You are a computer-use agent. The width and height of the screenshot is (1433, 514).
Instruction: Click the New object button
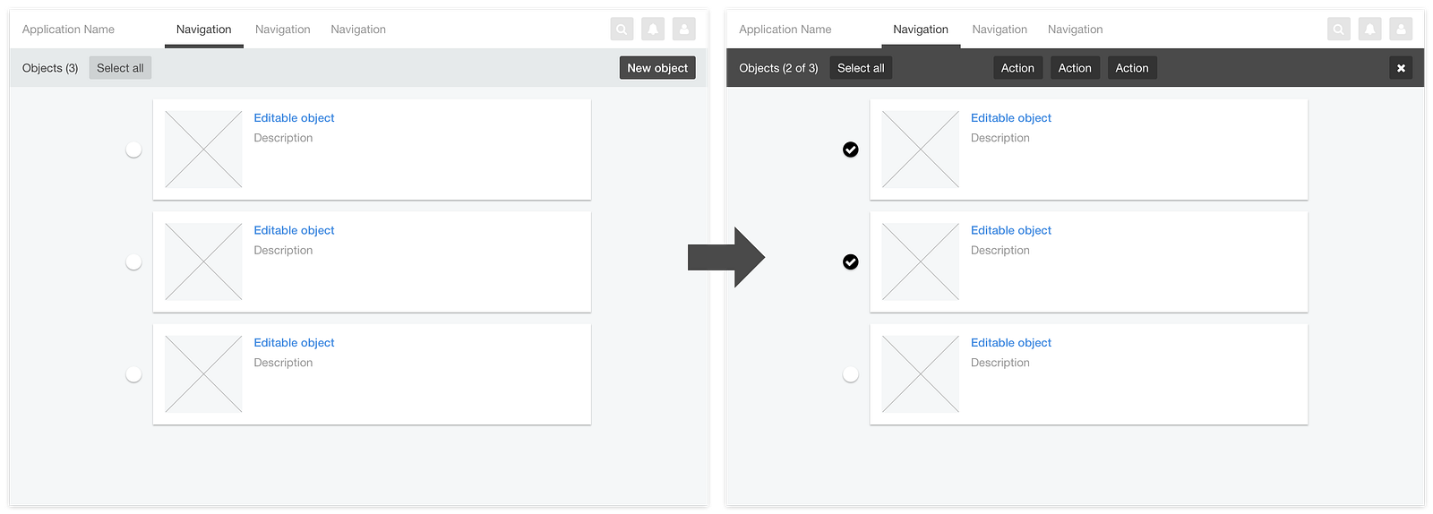657,68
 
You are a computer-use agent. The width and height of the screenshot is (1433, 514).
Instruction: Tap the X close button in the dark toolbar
1401,68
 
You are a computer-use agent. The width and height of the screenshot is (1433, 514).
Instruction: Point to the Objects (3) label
50,68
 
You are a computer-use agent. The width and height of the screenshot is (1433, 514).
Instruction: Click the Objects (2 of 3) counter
778,68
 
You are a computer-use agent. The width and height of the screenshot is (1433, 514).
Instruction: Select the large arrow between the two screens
726,257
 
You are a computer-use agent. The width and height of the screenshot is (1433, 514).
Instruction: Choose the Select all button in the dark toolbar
861,68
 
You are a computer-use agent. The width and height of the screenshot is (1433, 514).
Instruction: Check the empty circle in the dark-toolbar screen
850,374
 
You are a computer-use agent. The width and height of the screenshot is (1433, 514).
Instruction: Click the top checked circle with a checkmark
850,150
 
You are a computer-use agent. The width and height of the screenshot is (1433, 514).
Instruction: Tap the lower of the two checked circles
850,262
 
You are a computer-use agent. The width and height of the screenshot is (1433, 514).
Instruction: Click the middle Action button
1075,68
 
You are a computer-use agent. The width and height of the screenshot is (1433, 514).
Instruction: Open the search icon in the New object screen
622,29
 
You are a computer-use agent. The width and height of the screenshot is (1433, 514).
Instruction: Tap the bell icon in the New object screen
653,29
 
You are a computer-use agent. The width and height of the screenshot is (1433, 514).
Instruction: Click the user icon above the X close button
1401,29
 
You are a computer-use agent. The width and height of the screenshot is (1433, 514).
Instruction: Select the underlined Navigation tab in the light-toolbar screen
203,30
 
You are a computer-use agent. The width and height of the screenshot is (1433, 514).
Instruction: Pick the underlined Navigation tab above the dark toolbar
921,30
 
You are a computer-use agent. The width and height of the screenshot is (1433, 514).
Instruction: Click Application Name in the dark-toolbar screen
785,30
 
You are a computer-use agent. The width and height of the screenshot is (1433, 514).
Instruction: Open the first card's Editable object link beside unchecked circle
294,117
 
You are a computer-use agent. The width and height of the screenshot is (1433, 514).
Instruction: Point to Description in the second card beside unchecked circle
283,250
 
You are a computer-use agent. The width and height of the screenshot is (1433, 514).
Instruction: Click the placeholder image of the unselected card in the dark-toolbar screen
920,374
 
